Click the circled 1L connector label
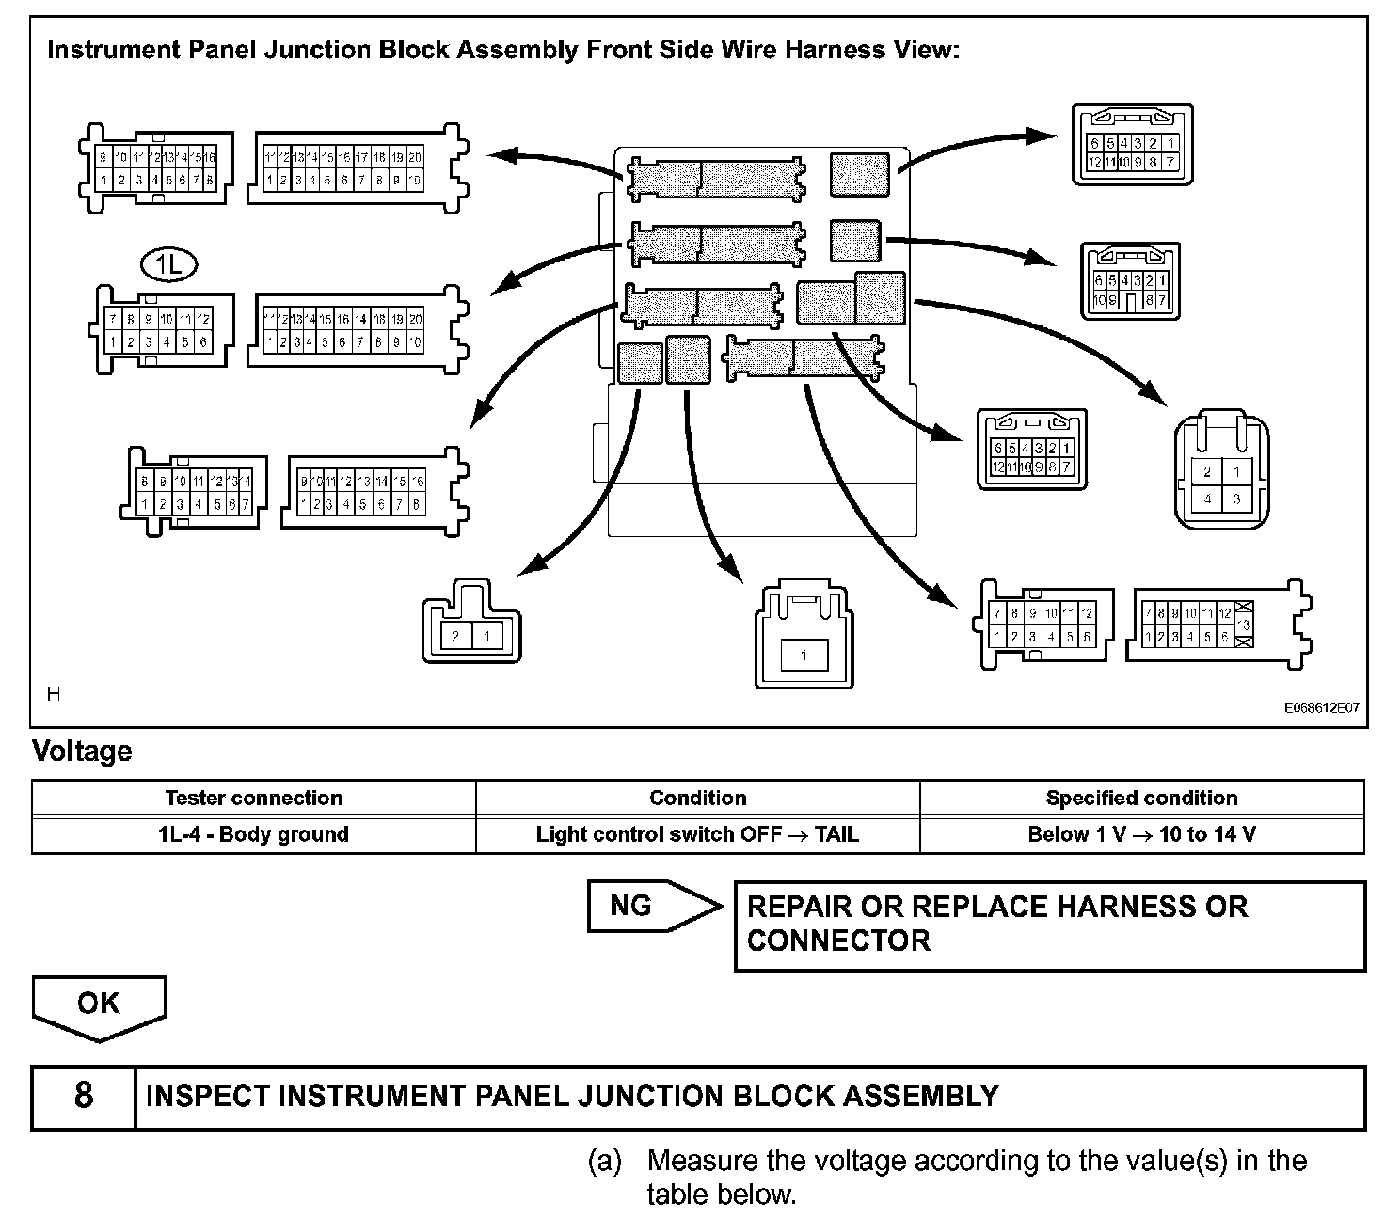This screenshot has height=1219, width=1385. click(168, 266)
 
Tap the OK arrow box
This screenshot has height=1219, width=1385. click(99, 1005)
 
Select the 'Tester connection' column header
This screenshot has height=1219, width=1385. click(253, 798)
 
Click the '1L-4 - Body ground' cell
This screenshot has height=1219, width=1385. click(253, 834)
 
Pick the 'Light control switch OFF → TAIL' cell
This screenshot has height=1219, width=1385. click(697, 834)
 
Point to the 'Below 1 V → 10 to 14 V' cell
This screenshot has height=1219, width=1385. click(1141, 834)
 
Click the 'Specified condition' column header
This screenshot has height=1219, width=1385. click(1141, 798)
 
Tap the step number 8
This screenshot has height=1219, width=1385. click(83, 1096)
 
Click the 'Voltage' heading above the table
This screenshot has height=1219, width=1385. click(82, 752)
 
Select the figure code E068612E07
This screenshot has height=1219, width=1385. click(1322, 708)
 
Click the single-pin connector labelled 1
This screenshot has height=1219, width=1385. click(804, 656)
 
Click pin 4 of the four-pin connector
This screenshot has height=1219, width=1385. click(1207, 499)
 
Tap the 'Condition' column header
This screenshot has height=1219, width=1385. click(697, 798)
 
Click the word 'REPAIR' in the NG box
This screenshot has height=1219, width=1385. click(799, 907)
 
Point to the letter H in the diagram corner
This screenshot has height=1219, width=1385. click(54, 694)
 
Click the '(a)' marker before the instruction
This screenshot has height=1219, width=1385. click(605, 1161)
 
